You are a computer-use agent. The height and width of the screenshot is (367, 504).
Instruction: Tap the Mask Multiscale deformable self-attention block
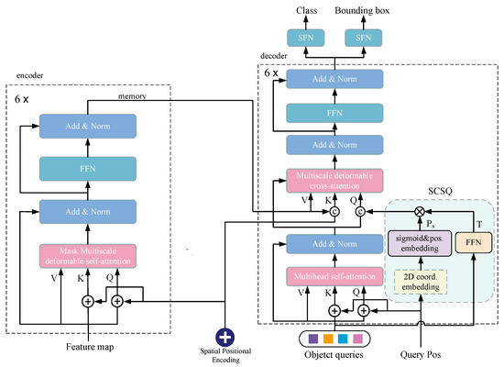click(87, 254)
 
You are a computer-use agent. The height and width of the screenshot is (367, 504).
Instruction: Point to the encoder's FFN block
click(87, 169)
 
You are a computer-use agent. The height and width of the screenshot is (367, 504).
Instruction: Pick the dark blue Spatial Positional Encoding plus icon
click(225, 337)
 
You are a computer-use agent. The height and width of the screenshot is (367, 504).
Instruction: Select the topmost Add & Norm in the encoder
click(87, 127)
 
